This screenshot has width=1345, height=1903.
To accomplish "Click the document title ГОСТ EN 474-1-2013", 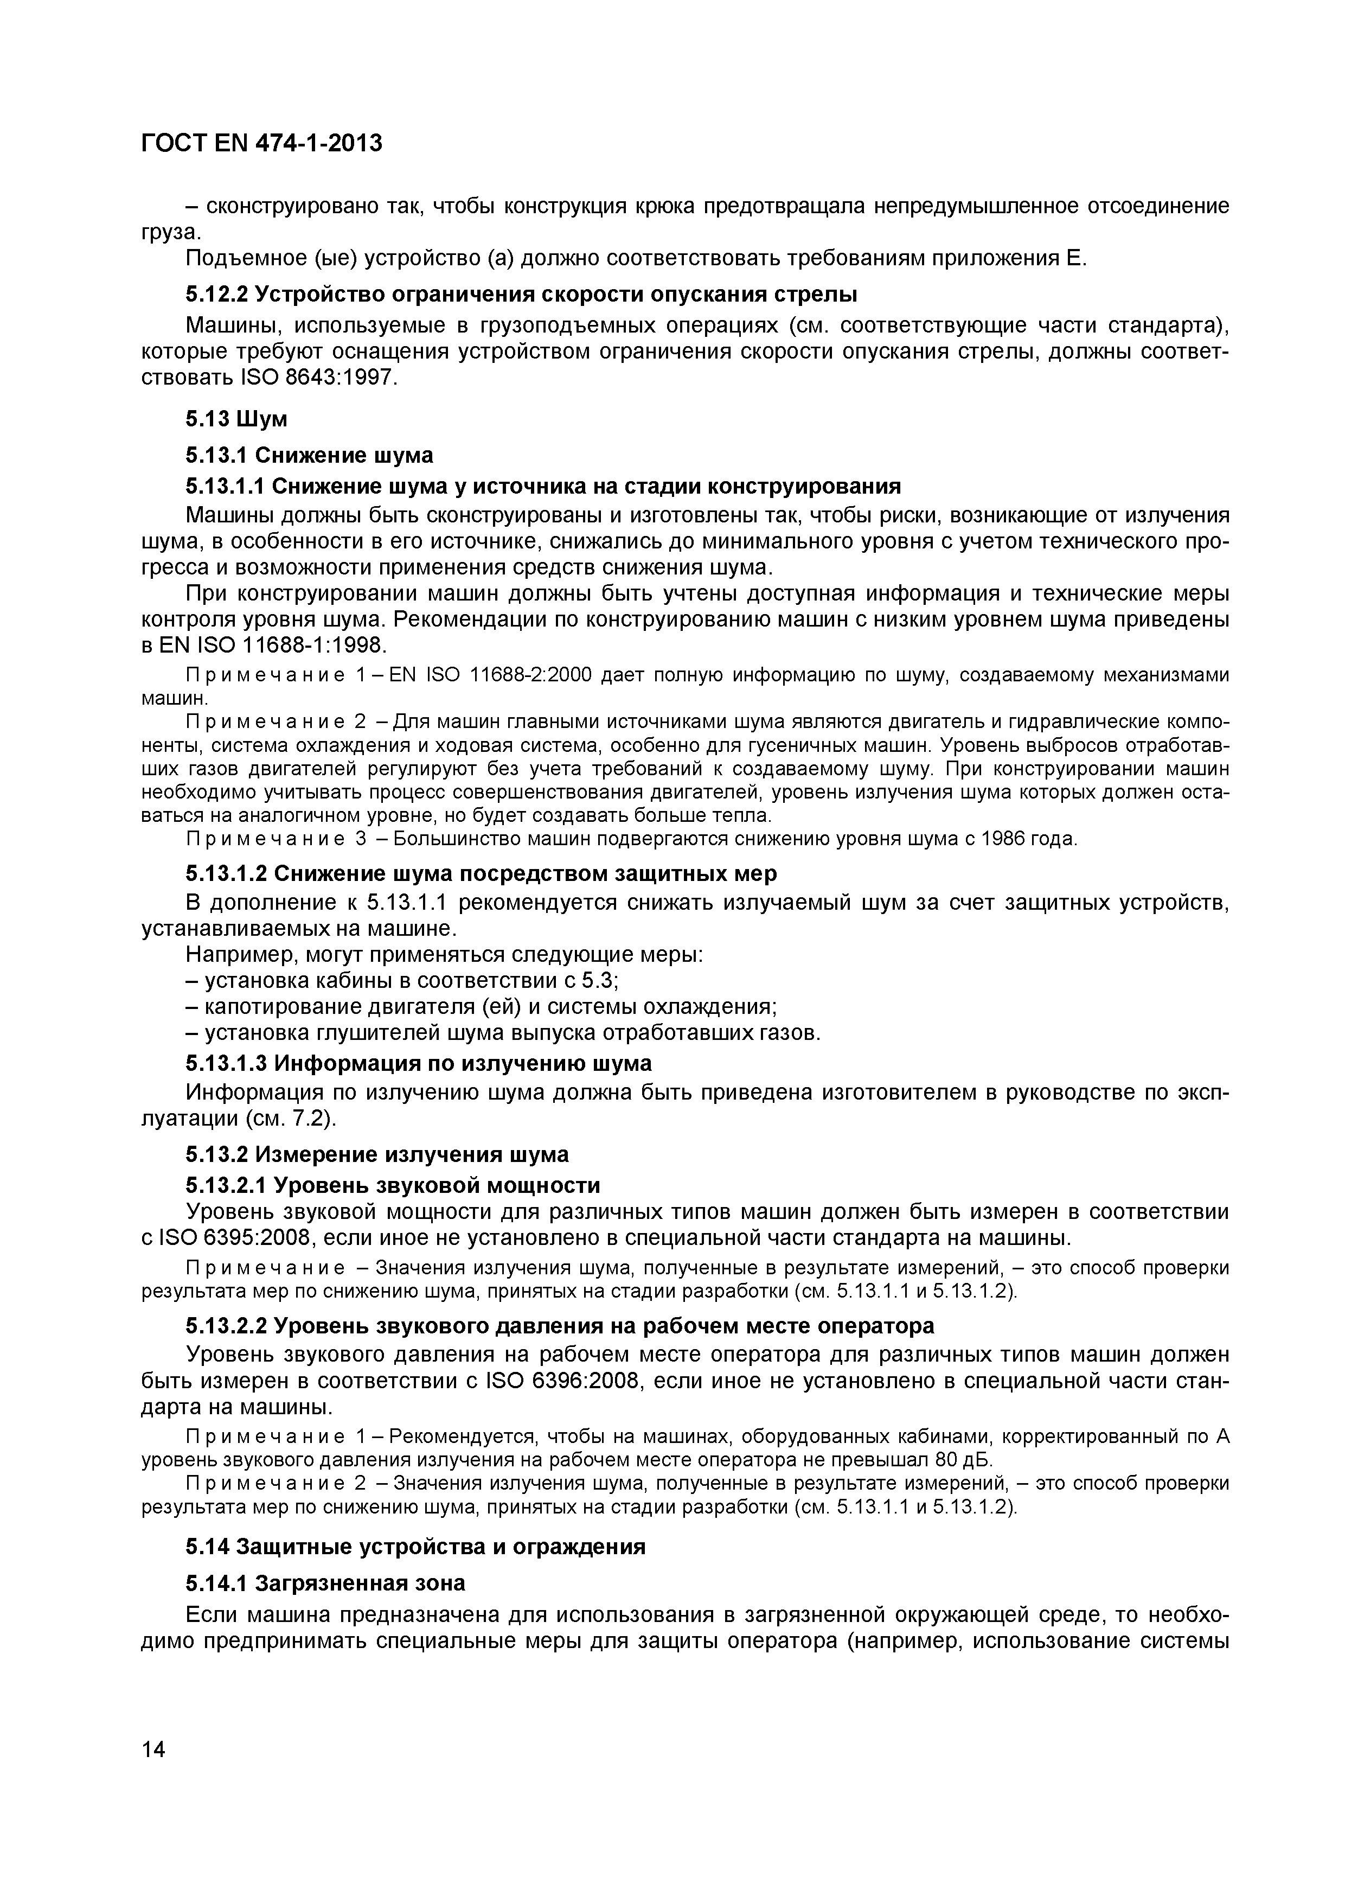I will [x=262, y=143].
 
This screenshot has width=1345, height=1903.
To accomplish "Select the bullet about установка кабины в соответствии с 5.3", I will [x=403, y=981].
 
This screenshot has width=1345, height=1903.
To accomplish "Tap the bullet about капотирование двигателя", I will [x=481, y=1007].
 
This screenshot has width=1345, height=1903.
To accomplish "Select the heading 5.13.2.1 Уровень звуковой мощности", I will [x=393, y=1185].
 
